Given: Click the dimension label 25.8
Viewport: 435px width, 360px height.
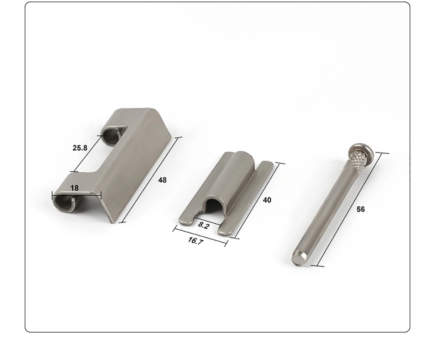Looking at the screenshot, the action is click(x=80, y=148).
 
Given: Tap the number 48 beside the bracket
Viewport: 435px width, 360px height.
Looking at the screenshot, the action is click(x=162, y=180).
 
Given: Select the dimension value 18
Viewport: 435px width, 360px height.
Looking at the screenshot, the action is click(x=74, y=188).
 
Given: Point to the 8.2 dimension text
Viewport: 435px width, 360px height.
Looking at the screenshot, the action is click(x=203, y=225).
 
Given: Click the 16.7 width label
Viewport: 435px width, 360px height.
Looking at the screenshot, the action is click(x=196, y=241).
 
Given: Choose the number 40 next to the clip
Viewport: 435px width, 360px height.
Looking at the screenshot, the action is click(x=267, y=200).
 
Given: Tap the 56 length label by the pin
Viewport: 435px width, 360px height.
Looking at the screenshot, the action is click(x=360, y=209).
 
